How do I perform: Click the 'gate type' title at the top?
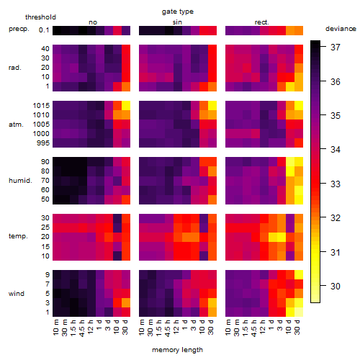[178, 12]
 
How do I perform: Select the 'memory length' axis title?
[177, 350]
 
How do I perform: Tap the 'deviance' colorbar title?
[341, 29]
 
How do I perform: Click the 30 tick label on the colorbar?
[336, 286]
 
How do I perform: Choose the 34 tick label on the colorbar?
[336, 150]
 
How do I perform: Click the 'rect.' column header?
[262, 22]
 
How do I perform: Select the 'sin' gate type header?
[177, 22]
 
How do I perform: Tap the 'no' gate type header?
[93, 22]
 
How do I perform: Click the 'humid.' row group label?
[20, 181]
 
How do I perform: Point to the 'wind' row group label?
[17, 294]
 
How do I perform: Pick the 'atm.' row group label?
[16, 125]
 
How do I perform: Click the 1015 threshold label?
[41, 106]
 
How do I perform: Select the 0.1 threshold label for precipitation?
[44, 30]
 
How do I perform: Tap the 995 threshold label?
[43, 143]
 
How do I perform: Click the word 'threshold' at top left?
[40, 17]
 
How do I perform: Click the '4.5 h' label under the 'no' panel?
[81, 328]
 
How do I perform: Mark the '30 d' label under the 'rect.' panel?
[297, 327]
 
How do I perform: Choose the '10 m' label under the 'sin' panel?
[142, 328]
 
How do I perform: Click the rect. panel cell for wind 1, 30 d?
[299, 312]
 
